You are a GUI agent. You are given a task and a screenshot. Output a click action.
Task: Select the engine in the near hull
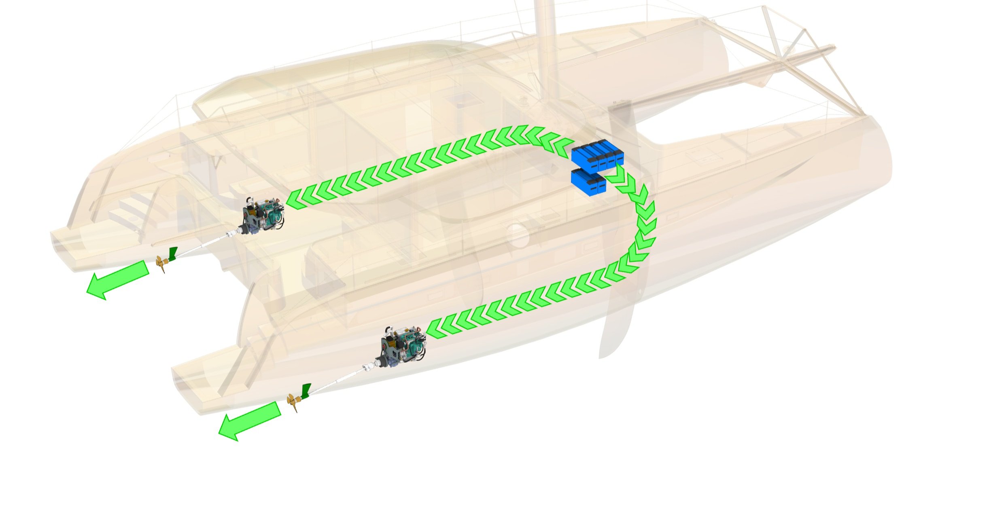tap(403, 344)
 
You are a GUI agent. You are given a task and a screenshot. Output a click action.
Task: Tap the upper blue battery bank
tap(597, 155)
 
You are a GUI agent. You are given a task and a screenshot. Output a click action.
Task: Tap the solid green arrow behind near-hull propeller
tap(249, 420)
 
